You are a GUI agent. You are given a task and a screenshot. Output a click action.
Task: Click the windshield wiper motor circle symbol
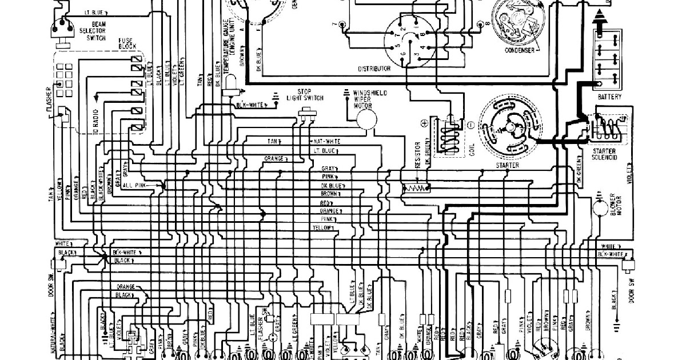coord(365,119)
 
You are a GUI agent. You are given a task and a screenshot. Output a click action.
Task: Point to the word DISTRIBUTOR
coord(374,69)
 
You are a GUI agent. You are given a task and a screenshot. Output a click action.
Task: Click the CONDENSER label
coord(519,50)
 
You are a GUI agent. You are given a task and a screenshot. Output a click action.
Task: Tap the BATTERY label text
coord(610,97)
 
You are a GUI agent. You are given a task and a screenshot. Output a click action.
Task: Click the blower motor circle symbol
coord(600,208)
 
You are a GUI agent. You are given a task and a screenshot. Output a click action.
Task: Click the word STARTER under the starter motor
coord(508,166)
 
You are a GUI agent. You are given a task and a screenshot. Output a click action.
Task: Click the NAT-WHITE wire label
coord(327,141)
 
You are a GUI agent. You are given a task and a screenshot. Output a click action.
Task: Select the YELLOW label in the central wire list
coord(322,228)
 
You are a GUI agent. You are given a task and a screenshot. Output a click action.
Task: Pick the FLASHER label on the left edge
coord(50,100)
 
